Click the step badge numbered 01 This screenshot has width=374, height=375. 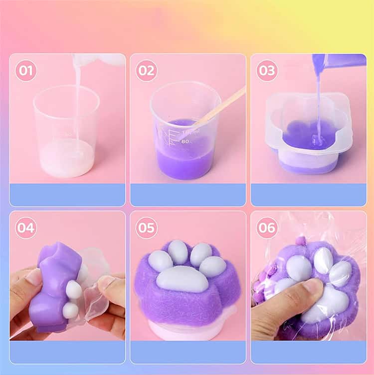pyautogui.click(x=26, y=70)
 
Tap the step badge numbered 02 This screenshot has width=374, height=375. pyautogui.click(x=147, y=70)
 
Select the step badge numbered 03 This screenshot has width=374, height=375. pyautogui.click(x=267, y=70)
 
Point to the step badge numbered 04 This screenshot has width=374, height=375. pyautogui.click(x=26, y=227)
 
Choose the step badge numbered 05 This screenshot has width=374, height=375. pyautogui.click(x=147, y=227)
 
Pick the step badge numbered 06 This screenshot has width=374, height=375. pyautogui.click(x=267, y=227)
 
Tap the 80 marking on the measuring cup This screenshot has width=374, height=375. pyautogui.click(x=185, y=141)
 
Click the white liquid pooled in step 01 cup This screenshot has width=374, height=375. pyautogui.click(x=67, y=158)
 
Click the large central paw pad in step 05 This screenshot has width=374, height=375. pyautogui.click(x=182, y=279)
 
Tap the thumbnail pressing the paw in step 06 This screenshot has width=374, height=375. pyautogui.click(x=311, y=287)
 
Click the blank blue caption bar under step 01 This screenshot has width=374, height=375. pyautogui.click(x=67, y=195)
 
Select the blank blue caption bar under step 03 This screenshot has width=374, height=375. pyautogui.click(x=309, y=195)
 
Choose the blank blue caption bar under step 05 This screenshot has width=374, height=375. pyautogui.click(x=188, y=352)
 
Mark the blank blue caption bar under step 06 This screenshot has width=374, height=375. pyautogui.click(x=309, y=352)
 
